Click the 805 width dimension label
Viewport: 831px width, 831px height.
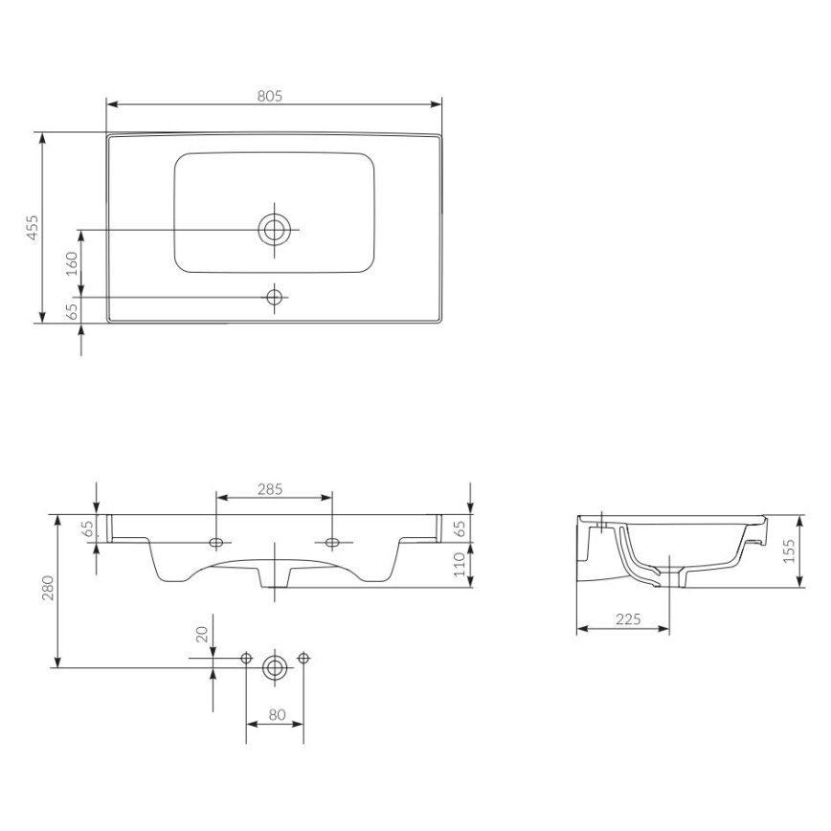pyautogui.click(x=272, y=96)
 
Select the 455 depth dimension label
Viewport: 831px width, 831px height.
pyautogui.click(x=33, y=228)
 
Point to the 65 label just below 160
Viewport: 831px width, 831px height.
pyautogui.click(x=71, y=311)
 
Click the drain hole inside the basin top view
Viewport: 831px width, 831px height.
pyautogui.click(x=275, y=230)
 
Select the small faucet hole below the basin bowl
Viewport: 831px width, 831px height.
pyautogui.click(x=275, y=297)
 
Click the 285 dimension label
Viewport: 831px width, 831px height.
pyautogui.click(x=271, y=489)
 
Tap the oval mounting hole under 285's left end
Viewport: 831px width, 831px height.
pyautogui.click(x=217, y=543)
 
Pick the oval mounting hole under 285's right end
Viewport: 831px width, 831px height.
pyautogui.click(x=331, y=543)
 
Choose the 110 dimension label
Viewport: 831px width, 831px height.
pyautogui.click(x=459, y=565)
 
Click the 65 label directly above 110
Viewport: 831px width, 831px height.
pyautogui.click(x=459, y=528)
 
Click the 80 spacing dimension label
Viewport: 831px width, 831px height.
pyautogui.click(x=276, y=713)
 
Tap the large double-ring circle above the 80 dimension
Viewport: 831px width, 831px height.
pyautogui.click(x=276, y=667)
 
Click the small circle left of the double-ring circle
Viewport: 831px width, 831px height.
pyautogui.click(x=246, y=658)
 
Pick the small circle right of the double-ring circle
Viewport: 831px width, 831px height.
pyautogui.click(x=303, y=658)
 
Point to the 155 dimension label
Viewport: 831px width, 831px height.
pyautogui.click(x=789, y=550)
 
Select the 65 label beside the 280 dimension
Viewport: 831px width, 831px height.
pyautogui.click(x=86, y=528)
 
